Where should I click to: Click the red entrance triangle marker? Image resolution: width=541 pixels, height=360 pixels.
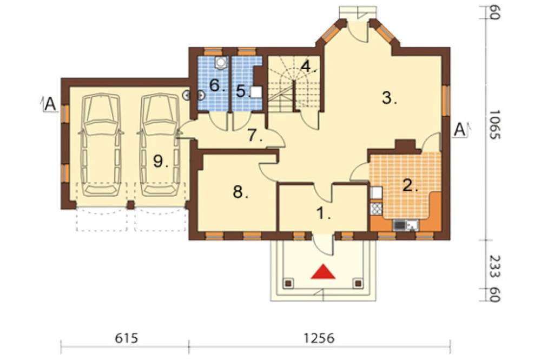(x=324, y=272)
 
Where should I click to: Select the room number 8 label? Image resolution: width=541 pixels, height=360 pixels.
(x=241, y=192)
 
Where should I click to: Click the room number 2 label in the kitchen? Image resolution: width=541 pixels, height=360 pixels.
(x=410, y=186)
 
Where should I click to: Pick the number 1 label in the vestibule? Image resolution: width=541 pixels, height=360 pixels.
(x=324, y=214)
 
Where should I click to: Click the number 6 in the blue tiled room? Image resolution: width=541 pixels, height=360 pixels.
(x=217, y=85)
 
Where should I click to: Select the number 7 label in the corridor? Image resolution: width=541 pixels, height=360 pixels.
(x=255, y=136)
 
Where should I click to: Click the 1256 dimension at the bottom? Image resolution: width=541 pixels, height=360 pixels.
(x=319, y=338)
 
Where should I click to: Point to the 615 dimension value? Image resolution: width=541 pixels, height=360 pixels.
(x=127, y=338)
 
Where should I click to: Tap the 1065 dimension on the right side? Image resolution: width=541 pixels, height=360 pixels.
(x=494, y=124)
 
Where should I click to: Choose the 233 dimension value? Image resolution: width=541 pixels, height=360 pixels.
(x=494, y=266)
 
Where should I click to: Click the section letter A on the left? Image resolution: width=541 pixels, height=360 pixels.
(x=50, y=104)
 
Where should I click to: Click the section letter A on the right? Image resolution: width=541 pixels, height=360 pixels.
(x=459, y=130)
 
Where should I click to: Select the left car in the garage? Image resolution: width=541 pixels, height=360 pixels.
(x=102, y=145)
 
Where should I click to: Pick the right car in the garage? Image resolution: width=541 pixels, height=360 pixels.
(x=160, y=145)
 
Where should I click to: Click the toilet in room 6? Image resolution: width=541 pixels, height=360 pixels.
(x=221, y=62)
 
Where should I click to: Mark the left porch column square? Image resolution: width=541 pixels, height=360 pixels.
(x=288, y=283)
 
